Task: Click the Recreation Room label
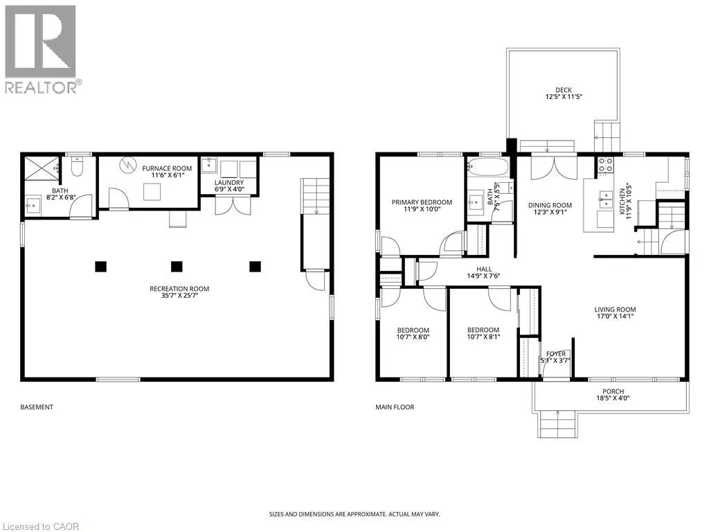click(x=179, y=289)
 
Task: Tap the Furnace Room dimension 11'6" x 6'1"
click(x=167, y=175)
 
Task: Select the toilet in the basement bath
click(x=78, y=166)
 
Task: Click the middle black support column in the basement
click(x=177, y=267)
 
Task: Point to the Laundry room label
click(x=229, y=182)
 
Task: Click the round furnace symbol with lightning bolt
click(x=128, y=165)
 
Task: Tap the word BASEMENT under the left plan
click(x=37, y=407)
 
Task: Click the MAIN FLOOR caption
click(x=395, y=407)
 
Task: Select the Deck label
click(x=564, y=90)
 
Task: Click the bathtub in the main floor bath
click(x=488, y=166)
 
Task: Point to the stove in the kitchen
click(x=606, y=165)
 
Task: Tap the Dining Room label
click(x=550, y=205)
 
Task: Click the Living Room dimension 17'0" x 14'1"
click(x=615, y=316)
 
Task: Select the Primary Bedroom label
click(x=422, y=202)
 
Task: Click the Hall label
click(x=484, y=269)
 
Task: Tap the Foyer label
click(x=556, y=354)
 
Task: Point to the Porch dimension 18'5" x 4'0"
click(x=613, y=398)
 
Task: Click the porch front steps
click(x=558, y=425)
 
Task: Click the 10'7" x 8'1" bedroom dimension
click(x=483, y=337)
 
